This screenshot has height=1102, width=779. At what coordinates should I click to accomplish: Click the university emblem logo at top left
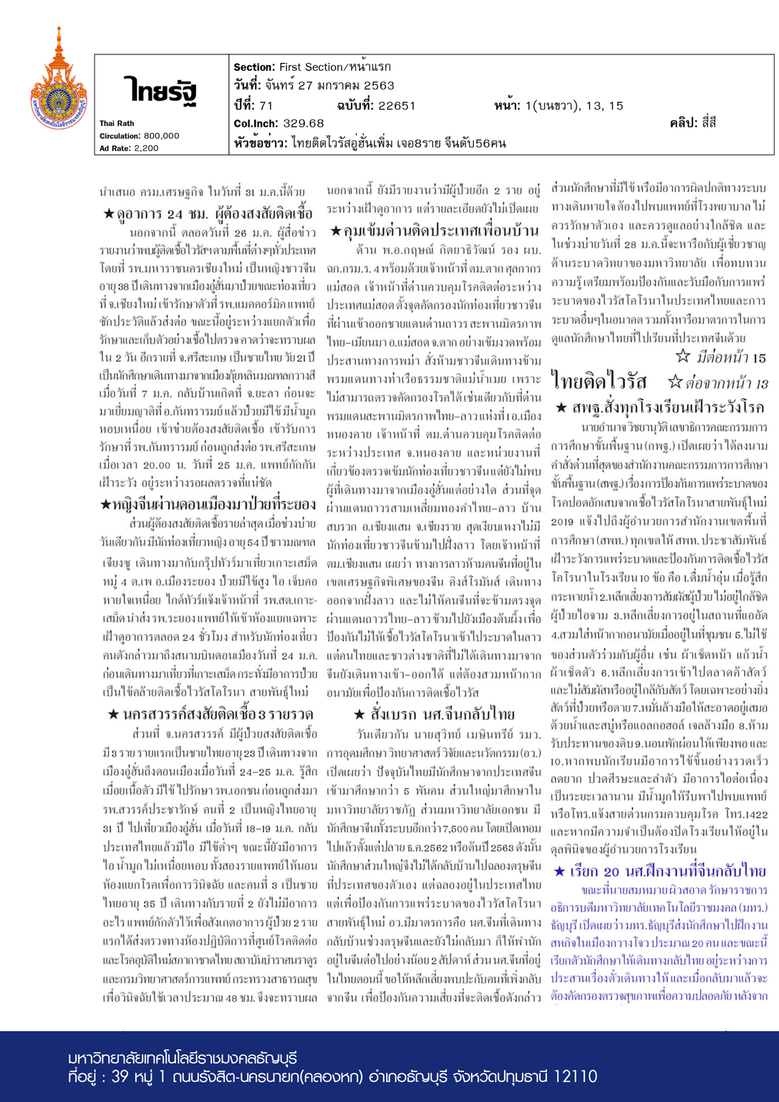point(58,80)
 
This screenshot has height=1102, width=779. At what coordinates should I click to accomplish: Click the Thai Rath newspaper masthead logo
point(159,91)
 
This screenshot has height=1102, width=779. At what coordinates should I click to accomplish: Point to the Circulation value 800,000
point(160,135)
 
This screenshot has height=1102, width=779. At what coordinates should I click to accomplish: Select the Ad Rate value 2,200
point(147,148)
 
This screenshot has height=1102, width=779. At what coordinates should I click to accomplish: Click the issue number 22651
point(397,106)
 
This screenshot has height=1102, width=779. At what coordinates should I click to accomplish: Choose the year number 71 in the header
point(266,106)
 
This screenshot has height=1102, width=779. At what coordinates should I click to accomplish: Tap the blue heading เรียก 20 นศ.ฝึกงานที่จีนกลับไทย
point(659,871)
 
